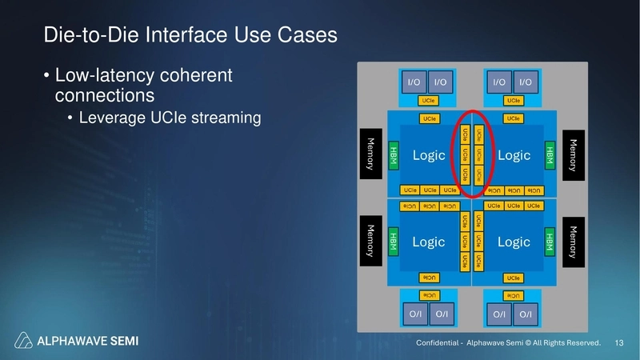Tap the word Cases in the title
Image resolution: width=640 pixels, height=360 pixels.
click(x=305, y=36)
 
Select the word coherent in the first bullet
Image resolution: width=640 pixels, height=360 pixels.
click(x=191, y=77)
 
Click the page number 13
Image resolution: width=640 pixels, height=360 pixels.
click(x=618, y=343)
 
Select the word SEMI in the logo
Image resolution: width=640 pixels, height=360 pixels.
click(x=121, y=342)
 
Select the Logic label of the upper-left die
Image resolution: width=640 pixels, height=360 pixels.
click(x=428, y=155)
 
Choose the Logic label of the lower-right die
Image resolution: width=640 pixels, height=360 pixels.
click(x=514, y=242)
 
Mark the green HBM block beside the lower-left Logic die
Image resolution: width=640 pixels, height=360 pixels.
click(x=393, y=241)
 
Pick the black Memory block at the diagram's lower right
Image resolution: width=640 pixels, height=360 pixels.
click(x=573, y=240)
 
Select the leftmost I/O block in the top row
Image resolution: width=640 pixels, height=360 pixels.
click(x=414, y=82)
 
